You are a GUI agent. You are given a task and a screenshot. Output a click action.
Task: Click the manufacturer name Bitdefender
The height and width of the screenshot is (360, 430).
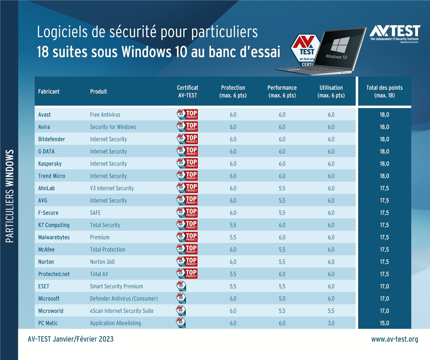click(x=51, y=139)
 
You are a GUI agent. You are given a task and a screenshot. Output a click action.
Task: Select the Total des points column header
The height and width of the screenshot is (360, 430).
click(x=384, y=91)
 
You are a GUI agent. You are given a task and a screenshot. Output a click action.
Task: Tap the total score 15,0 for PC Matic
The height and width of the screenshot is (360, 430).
click(x=384, y=323)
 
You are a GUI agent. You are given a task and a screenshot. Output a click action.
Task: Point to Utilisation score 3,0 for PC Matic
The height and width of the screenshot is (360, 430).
click(x=331, y=323)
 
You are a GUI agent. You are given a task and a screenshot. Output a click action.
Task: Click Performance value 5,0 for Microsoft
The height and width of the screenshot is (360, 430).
click(x=282, y=299)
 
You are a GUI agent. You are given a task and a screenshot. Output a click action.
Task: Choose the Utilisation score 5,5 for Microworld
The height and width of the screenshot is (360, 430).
click(x=331, y=311)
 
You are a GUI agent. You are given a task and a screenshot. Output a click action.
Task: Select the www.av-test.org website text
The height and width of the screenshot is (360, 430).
click(x=395, y=339)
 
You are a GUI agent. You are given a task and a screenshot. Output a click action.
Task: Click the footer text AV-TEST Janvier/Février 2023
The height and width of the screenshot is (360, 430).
click(x=71, y=339)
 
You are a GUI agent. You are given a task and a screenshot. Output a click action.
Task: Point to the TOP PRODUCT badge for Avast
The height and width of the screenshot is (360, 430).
click(x=187, y=115)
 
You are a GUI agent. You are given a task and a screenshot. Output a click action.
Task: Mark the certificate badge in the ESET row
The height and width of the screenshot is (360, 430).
click(x=181, y=287)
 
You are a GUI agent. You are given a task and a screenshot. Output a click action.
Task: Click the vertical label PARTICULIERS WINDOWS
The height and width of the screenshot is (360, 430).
click(x=10, y=196)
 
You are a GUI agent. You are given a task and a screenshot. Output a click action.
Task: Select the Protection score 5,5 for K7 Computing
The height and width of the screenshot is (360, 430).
click(x=233, y=225)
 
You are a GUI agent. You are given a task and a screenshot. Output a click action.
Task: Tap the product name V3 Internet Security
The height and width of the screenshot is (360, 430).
click(x=112, y=188)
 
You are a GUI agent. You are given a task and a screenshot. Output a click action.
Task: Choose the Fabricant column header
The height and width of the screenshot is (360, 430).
click(x=49, y=92)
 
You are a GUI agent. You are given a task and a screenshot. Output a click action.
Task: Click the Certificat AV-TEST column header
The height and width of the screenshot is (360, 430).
click(x=187, y=91)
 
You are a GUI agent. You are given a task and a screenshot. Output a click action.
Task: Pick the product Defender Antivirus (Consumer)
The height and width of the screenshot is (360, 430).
click(x=124, y=299)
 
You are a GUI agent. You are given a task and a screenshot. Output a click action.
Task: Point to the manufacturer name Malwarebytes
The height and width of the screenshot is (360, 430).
click(x=54, y=237)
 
